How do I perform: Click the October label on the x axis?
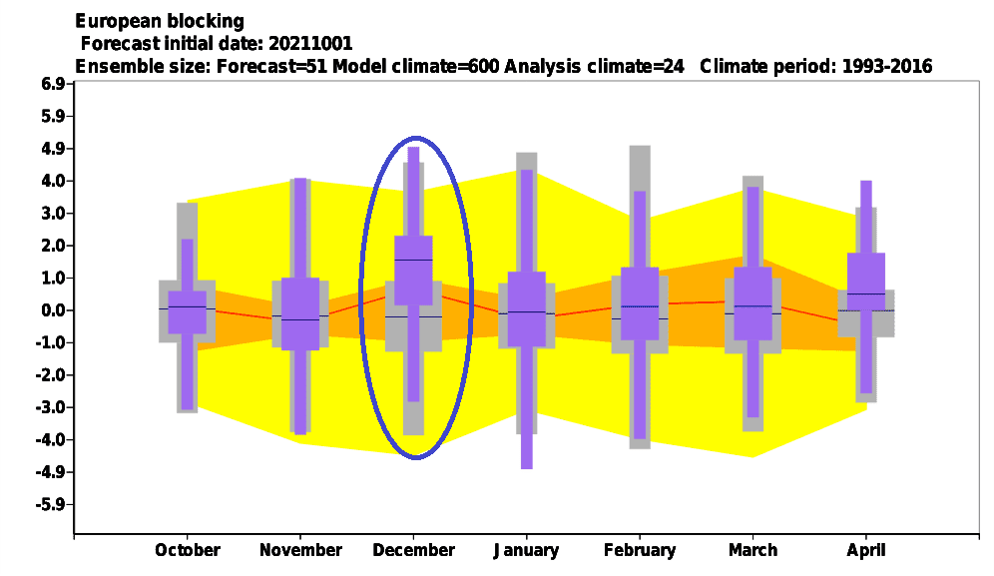click(188, 550)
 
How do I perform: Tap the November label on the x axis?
click(300, 550)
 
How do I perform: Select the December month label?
click(413, 550)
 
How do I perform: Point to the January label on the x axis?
click(526, 551)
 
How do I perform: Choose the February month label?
click(640, 551)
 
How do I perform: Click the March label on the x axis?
click(753, 550)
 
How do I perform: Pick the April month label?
click(866, 551)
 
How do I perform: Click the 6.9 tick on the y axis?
click(52, 84)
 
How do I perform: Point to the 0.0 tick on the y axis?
click(52, 310)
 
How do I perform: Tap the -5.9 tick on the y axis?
click(50, 505)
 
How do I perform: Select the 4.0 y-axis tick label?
click(52, 181)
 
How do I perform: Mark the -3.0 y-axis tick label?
click(50, 407)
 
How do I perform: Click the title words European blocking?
click(160, 22)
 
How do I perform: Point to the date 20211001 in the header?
click(310, 43)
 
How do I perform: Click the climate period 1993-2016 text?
click(887, 66)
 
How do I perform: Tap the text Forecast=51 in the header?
click(272, 66)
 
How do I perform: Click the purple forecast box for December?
click(413, 271)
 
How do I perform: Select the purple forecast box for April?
click(866, 282)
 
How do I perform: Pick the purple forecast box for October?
click(187, 312)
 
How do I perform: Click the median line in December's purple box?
click(413, 261)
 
